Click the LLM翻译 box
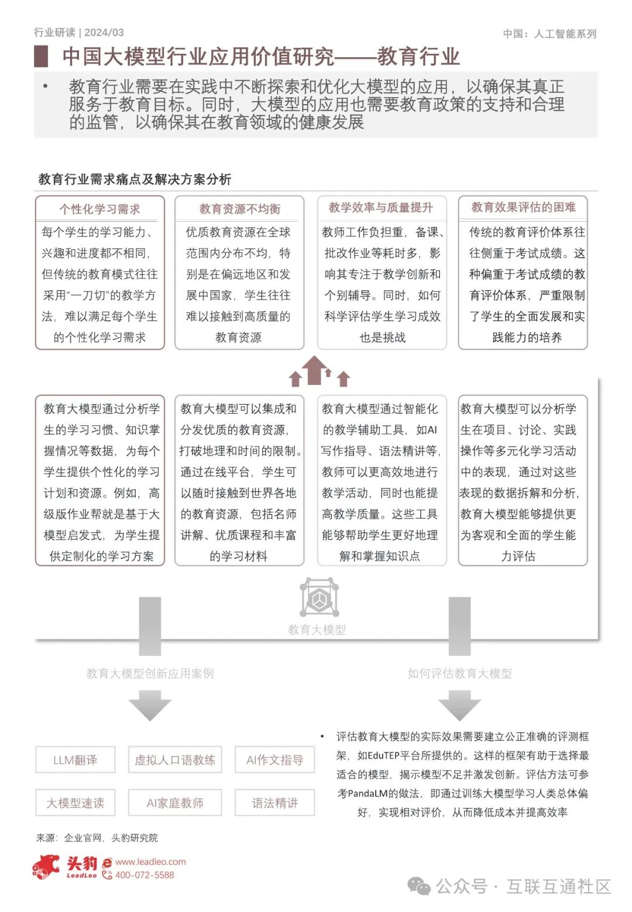coord(75,760)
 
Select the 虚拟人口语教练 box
coord(175,760)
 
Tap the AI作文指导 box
coord(274,760)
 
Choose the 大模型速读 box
coord(75,803)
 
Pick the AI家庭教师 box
coord(175,803)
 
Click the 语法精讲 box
coord(274,803)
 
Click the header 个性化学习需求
coord(99,209)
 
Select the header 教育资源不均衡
coord(239,209)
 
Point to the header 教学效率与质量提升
coord(381,207)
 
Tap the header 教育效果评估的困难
coord(523,207)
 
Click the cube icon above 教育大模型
coord(319,597)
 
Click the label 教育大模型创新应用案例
coord(150,673)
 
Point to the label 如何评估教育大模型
coord(459,673)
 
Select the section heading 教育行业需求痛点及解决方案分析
coord(135,179)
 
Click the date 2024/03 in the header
coord(104,33)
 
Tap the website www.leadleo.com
coord(150,862)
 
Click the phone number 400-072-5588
coord(145,875)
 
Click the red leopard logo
coord(47,866)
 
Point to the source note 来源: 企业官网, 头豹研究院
coord(97,838)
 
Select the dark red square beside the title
coord(41,56)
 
